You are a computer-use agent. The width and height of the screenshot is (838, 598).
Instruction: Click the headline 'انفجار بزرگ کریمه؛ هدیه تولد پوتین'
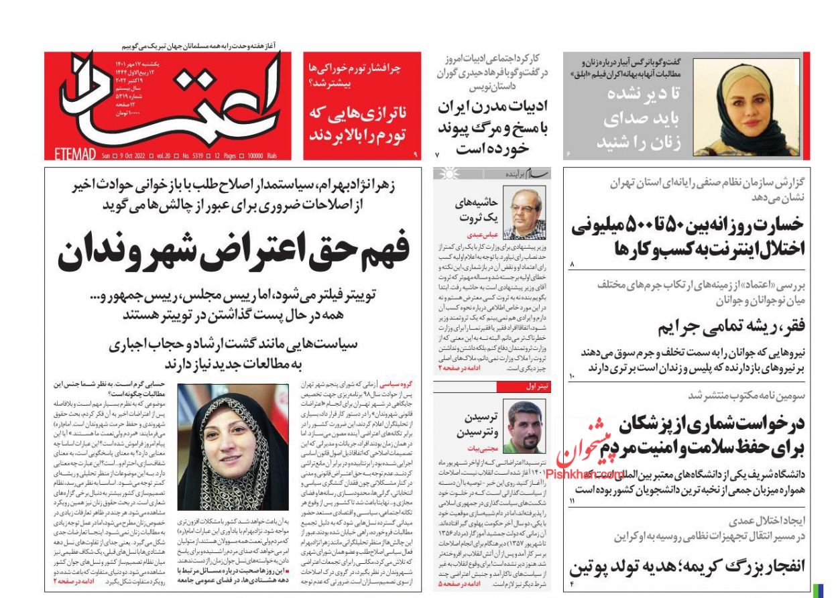tap(688, 566)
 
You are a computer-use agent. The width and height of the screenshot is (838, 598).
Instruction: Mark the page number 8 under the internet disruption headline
tap(572, 266)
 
